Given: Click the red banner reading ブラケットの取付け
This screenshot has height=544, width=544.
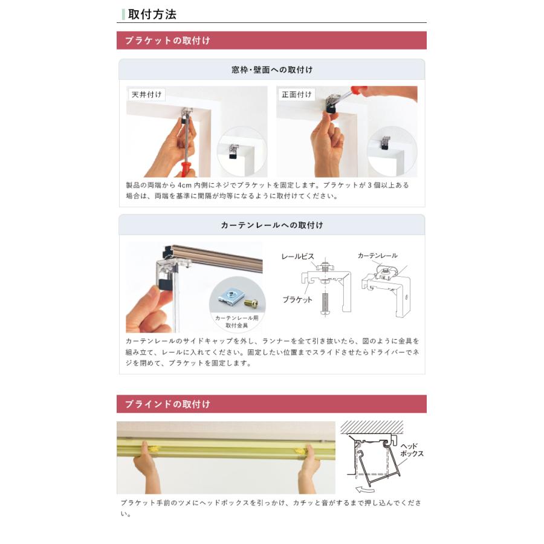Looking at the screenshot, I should (167, 40).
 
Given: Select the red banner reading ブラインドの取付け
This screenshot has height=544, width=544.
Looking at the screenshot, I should (167, 404).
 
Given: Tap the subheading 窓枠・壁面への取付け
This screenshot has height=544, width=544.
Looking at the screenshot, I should (272, 70).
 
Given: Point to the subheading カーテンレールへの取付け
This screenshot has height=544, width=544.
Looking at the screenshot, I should (272, 225).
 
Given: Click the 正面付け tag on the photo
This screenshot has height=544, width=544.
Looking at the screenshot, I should (297, 95).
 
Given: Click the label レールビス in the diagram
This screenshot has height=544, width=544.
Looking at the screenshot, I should (297, 256).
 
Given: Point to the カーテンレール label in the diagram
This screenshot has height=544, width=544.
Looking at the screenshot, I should (377, 256).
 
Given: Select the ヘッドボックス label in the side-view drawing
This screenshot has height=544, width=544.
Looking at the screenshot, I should (412, 450).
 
